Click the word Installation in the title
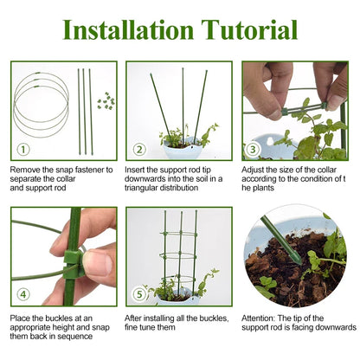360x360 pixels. click(128, 30)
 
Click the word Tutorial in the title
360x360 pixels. click(249, 30)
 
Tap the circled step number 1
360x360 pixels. click(23, 150)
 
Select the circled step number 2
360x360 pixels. click(139, 150)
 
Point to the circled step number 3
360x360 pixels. click(253, 149)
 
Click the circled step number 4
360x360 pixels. click(23, 294)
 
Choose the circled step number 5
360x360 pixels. click(139, 294)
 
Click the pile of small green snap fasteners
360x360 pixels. click(106, 101)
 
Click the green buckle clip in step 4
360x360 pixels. click(73, 264)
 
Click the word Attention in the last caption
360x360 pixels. click(258, 318)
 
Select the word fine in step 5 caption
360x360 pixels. click(132, 327)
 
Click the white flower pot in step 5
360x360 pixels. click(178, 299)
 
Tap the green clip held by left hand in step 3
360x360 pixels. click(285, 112)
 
